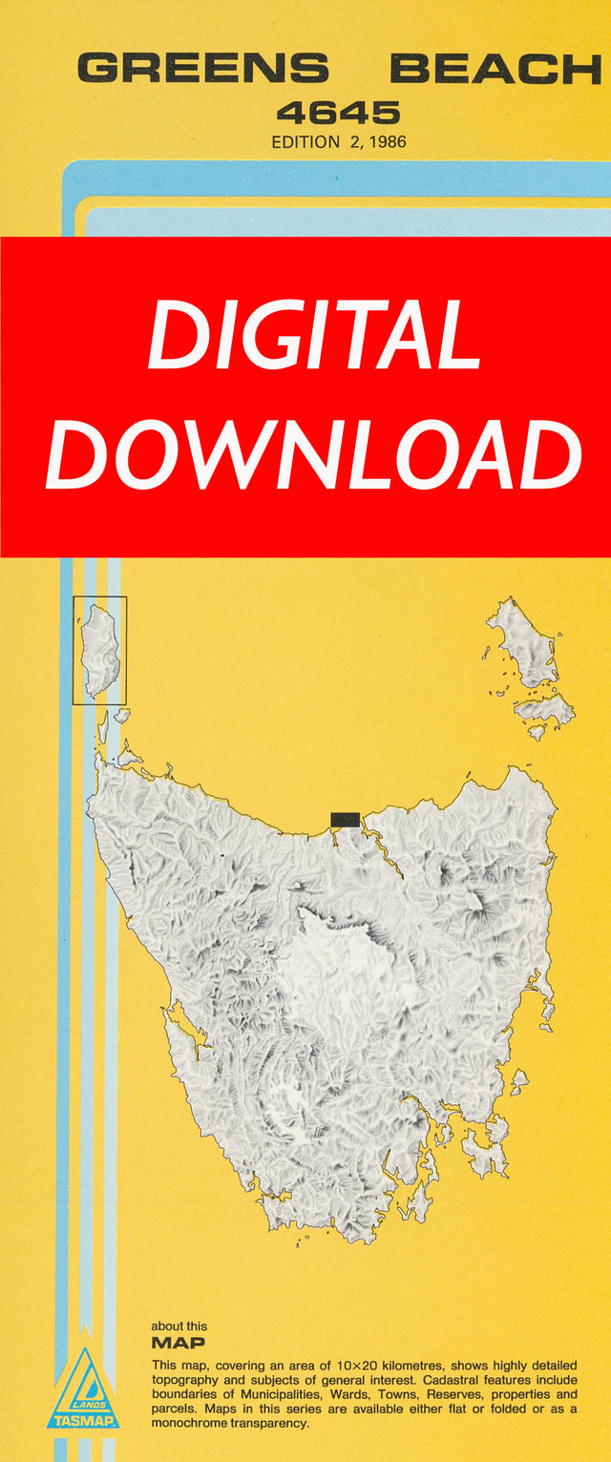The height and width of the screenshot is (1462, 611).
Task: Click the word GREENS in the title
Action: (202, 69)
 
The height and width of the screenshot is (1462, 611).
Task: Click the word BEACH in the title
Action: (495, 69)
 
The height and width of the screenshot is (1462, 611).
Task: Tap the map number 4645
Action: (339, 114)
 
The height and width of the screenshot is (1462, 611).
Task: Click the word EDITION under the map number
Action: (305, 142)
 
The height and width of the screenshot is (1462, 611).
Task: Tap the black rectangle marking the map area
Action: (345, 819)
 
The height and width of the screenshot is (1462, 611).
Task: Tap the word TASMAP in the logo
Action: (83, 1421)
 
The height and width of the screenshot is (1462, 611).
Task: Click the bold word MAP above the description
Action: (178, 1343)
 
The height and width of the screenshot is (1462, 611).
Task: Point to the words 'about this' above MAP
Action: (179, 1326)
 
